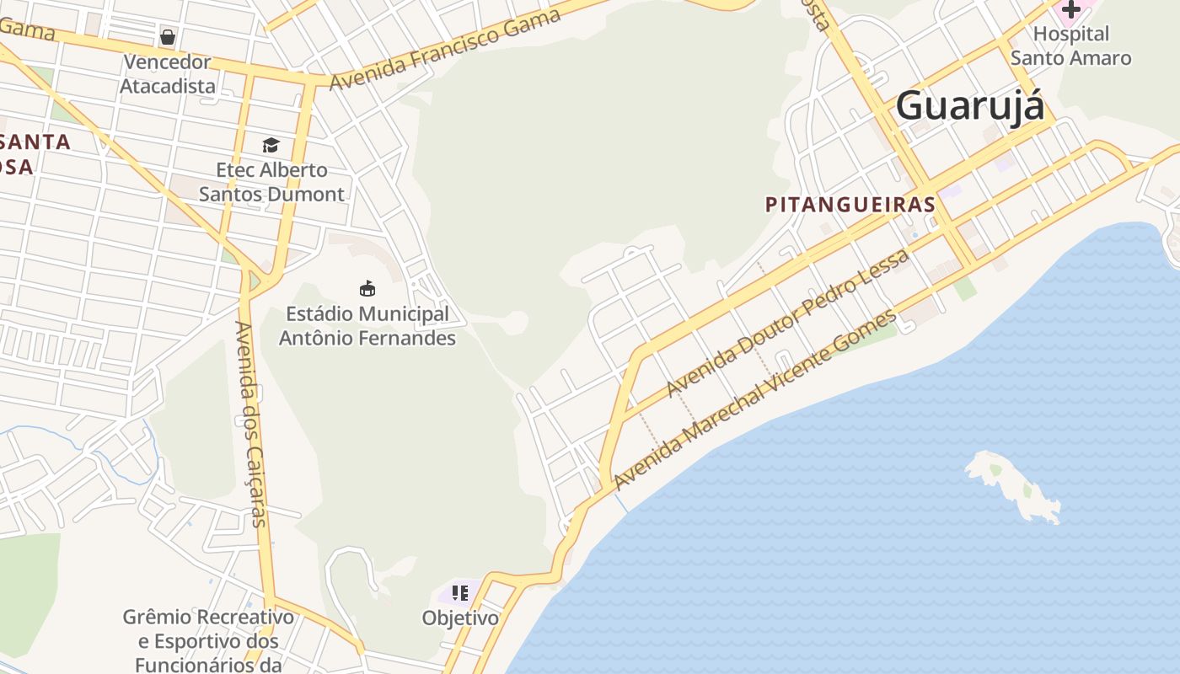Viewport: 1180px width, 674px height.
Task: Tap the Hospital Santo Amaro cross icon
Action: tap(1070, 9)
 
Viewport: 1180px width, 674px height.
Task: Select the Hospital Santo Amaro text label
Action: tap(1070, 46)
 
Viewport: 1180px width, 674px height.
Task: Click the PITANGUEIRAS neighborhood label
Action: tap(850, 204)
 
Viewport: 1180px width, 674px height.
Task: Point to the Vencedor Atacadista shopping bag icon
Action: tap(168, 37)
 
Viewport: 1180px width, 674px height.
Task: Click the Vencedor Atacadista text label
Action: tap(168, 74)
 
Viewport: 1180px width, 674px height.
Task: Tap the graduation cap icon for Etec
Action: tap(271, 146)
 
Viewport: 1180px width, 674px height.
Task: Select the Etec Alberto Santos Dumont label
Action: tap(271, 182)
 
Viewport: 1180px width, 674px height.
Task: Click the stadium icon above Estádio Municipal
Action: tap(367, 289)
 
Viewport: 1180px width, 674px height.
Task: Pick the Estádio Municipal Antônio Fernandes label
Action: tap(367, 326)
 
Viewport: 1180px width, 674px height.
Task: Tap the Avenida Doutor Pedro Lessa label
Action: tap(788, 323)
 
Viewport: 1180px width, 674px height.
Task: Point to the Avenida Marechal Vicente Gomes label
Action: tap(756, 400)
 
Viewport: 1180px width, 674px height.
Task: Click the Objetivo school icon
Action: tap(460, 593)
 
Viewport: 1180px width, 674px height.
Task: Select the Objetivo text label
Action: tap(460, 618)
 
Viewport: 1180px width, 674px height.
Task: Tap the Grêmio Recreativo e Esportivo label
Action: tap(208, 640)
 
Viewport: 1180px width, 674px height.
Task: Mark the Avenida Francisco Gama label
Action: tap(445, 50)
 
